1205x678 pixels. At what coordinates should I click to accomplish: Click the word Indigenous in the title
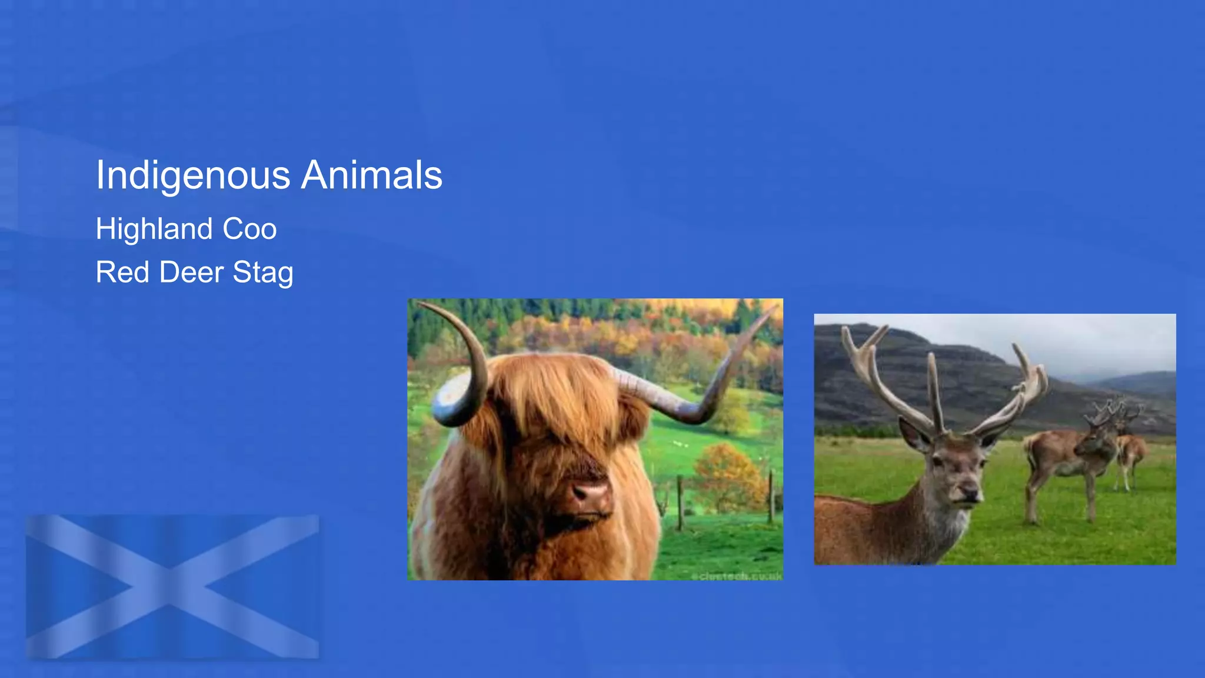click(193, 175)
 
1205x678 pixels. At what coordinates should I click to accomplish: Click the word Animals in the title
click(371, 175)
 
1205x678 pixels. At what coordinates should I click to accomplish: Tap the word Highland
click(154, 229)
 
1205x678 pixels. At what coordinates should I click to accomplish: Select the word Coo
click(249, 229)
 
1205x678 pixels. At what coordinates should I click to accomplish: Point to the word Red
click(122, 272)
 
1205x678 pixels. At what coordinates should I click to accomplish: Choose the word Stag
click(262, 272)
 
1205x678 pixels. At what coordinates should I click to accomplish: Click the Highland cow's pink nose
click(590, 491)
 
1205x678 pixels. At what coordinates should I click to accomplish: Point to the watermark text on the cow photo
click(736, 576)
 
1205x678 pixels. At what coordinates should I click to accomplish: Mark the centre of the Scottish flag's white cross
click(170, 587)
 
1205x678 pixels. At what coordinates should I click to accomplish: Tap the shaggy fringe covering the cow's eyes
click(553, 412)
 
